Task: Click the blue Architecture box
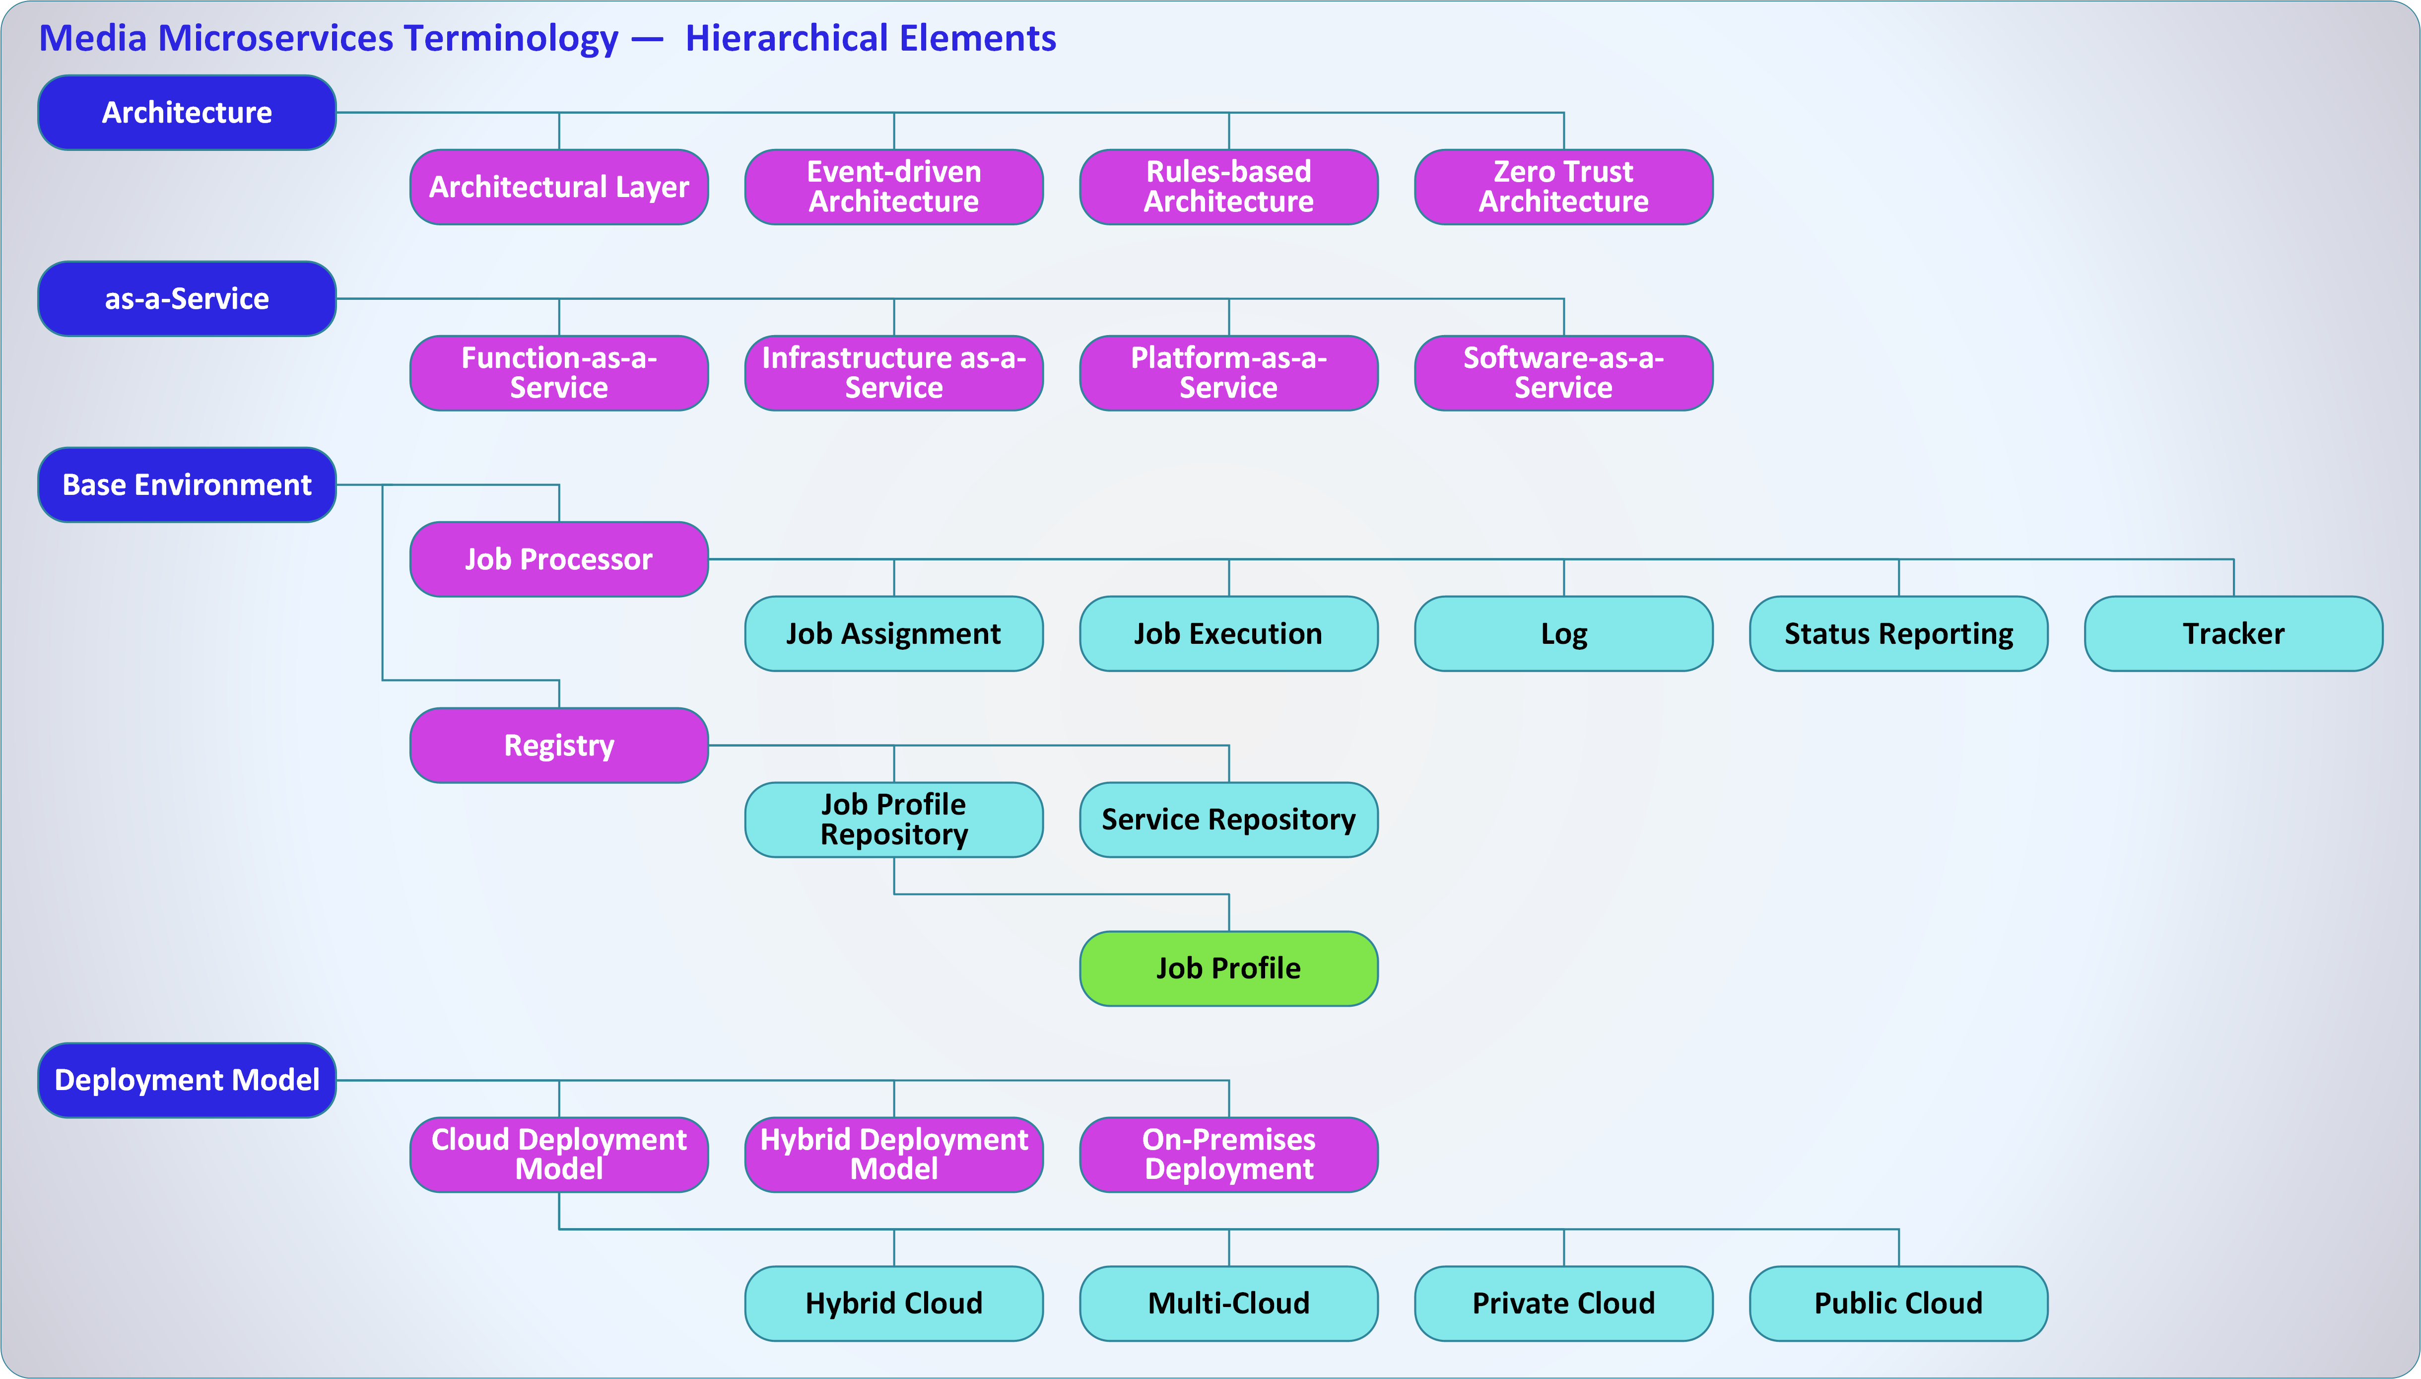pos(187,113)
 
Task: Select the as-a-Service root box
pos(187,298)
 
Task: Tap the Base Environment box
pos(187,485)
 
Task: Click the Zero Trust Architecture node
pos(1563,187)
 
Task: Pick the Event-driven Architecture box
pos(894,187)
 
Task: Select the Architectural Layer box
pos(559,187)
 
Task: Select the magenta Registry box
pos(559,746)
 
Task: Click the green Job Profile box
pos(1228,968)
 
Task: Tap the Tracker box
pos(2232,633)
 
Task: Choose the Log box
pos(1563,633)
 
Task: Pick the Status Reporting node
pos(1898,633)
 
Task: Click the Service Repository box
pos(1228,819)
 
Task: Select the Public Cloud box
pos(1898,1303)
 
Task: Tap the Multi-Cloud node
pos(1228,1303)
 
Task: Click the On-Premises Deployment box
pos(1228,1155)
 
